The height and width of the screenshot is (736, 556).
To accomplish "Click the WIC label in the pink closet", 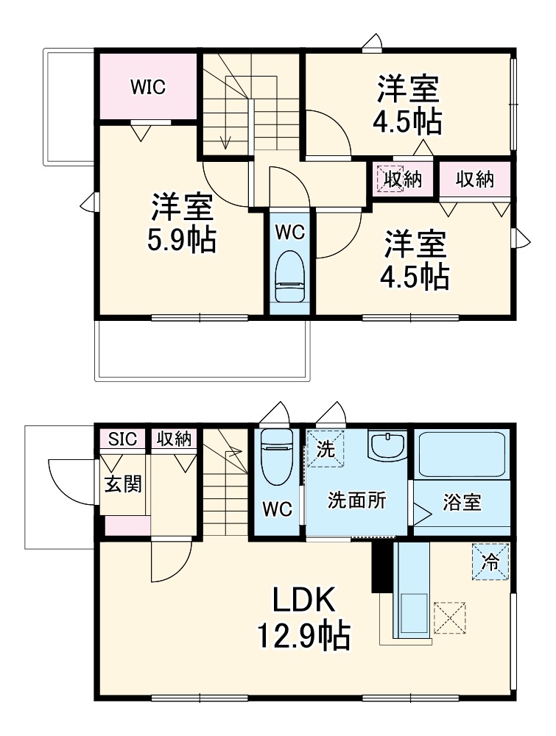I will click(147, 87).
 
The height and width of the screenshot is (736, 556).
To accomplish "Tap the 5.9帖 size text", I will click(182, 240).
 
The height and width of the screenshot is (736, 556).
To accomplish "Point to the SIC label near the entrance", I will click(122, 439).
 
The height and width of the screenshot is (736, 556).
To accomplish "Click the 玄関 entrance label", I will click(122, 485).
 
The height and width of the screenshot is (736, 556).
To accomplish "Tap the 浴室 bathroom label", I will click(462, 503).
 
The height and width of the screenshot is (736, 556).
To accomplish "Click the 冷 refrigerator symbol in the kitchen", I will click(490, 562).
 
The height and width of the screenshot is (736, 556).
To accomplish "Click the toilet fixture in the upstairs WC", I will click(290, 279).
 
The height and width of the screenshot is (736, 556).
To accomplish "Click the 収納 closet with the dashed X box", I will click(398, 179).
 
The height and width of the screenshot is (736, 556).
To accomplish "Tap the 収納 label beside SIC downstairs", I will click(174, 439).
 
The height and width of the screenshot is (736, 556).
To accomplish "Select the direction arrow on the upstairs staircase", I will click(225, 136).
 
